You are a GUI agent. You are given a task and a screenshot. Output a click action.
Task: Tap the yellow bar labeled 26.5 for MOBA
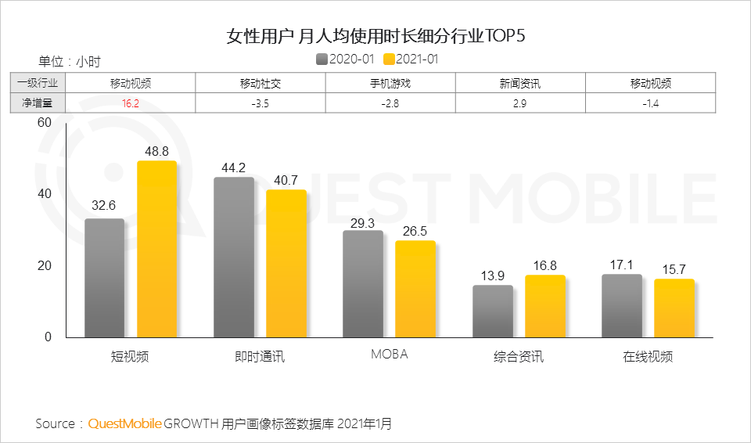[x=415, y=289]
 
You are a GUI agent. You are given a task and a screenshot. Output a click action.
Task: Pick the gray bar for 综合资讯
[x=493, y=311]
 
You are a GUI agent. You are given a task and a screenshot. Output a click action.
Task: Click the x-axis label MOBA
[x=389, y=355]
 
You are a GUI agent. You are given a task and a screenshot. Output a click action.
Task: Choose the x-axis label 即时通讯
[x=260, y=357]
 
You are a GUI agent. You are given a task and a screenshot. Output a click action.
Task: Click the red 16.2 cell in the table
[x=130, y=103]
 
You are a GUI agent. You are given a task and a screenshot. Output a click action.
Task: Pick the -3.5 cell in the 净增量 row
[x=260, y=103]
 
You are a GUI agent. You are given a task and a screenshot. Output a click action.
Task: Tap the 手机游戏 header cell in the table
[x=390, y=84]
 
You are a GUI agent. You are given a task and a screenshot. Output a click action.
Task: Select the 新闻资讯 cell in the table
[x=519, y=84]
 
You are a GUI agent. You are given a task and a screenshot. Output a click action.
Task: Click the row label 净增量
[x=38, y=103]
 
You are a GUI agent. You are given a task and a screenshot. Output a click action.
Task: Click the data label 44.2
[x=233, y=167]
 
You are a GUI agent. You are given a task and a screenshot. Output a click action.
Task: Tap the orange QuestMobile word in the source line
[x=124, y=424]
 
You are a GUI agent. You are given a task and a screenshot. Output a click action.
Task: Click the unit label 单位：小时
[x=70, y=61]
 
